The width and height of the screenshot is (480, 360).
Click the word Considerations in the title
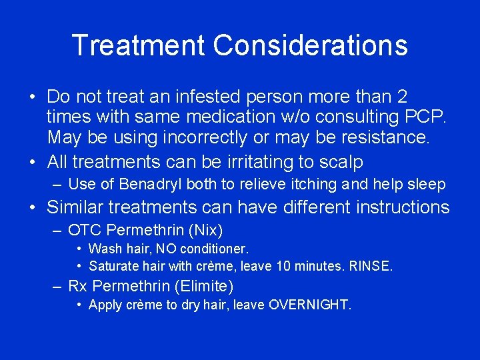[310, 45]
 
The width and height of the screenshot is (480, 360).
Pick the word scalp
[341, 161]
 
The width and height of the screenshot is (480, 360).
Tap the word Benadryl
[155, 184]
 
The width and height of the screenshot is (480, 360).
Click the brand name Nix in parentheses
[205, 231]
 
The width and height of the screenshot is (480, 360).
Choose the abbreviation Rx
[78, 286]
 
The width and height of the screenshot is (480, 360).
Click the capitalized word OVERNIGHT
[309, 305]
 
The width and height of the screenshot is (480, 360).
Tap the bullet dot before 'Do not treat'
[33, 97]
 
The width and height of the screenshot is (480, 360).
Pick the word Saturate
[113, 266]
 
